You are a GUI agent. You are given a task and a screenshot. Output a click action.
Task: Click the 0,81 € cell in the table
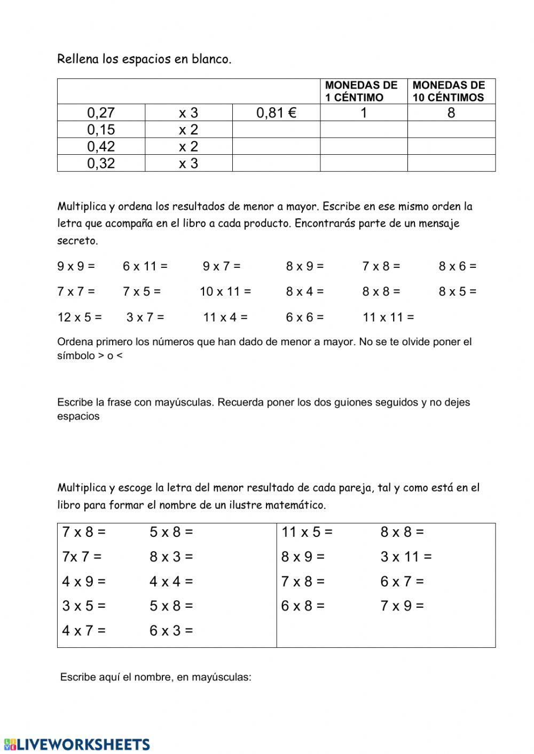[276, 113]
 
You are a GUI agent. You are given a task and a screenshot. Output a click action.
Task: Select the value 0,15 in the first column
[101, 130]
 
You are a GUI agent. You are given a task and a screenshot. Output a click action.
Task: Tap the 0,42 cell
[101, 147]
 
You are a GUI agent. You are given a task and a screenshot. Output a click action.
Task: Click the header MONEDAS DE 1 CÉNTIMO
[362, 91]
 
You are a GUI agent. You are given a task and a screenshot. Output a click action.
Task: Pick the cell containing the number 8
[451, 113]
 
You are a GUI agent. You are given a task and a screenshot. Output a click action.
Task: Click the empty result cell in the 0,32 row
[276, 163]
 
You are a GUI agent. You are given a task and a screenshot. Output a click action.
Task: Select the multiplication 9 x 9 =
[76, 266]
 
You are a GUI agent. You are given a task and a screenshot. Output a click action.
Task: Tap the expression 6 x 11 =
[145, 266]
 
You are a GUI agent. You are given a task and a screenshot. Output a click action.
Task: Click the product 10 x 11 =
[225, 291]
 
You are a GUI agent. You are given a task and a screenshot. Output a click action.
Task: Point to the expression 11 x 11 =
[388, 318]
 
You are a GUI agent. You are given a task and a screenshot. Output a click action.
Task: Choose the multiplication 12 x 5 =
[79, 318]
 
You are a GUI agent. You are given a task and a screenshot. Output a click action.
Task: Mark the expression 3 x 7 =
[145, 318]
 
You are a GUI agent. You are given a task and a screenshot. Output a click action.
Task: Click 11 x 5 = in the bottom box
[307, 532]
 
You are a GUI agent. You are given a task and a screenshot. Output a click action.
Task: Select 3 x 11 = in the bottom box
[406, 557]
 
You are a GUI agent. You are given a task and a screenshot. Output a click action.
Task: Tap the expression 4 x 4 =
[171, 582]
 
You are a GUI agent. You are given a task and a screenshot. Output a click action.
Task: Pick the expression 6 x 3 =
[171, 631]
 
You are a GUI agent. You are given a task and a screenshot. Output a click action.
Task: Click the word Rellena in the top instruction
[78, 59]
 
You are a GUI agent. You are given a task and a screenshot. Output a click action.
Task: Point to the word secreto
[77, 241]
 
